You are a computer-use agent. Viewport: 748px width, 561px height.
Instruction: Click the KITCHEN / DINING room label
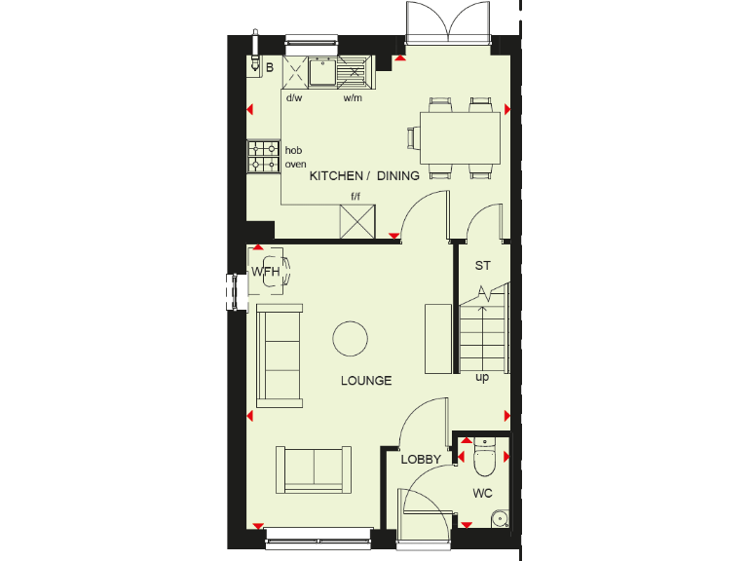click(364, 176)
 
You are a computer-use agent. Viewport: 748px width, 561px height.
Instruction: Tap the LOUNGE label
click(366, 381)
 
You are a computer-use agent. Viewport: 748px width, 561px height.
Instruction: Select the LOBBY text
click(422, 460)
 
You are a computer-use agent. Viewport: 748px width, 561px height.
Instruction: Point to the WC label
click(483, 493)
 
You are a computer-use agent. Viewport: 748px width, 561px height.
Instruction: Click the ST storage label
click(482, 265)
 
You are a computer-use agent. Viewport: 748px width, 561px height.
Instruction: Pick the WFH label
click(266, 271)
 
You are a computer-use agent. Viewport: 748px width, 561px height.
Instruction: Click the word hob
click(293, 150)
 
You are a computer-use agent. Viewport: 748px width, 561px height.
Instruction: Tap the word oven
click(295, 165)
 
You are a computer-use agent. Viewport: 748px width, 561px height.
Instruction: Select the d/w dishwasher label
click(293, 98)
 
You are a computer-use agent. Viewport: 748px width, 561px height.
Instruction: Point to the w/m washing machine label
click(352, 98)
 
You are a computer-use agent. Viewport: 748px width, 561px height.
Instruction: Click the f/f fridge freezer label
click(355, 198)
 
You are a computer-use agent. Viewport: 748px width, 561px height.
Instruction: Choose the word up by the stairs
click(482, 377)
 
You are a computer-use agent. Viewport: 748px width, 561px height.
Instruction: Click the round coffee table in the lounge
click(351, 339)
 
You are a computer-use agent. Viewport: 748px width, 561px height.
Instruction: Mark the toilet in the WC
click(484, 454)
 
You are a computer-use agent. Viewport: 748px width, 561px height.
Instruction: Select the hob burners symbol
click(263, 157)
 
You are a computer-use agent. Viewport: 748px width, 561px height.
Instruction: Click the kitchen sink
click(322, 71)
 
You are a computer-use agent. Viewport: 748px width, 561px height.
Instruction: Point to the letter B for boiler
click(270, 67)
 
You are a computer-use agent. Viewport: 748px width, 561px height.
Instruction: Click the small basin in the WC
click(500, 518)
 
